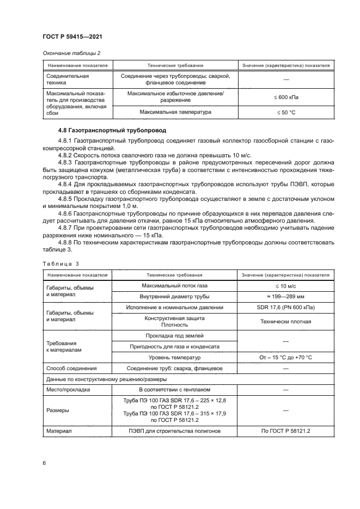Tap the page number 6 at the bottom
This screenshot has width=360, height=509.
(44, 463)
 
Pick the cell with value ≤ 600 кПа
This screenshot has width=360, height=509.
(286, 97)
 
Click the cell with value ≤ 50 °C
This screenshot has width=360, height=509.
(286, 112)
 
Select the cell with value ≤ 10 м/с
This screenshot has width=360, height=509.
(286, 286)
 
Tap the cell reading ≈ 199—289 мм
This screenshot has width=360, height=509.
(286, 297)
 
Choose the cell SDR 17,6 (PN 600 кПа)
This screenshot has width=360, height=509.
(286, 308)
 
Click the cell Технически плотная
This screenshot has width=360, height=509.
(286, 321)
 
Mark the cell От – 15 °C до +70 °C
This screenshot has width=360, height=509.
(286, 358)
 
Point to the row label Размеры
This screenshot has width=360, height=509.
(58, 410)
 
